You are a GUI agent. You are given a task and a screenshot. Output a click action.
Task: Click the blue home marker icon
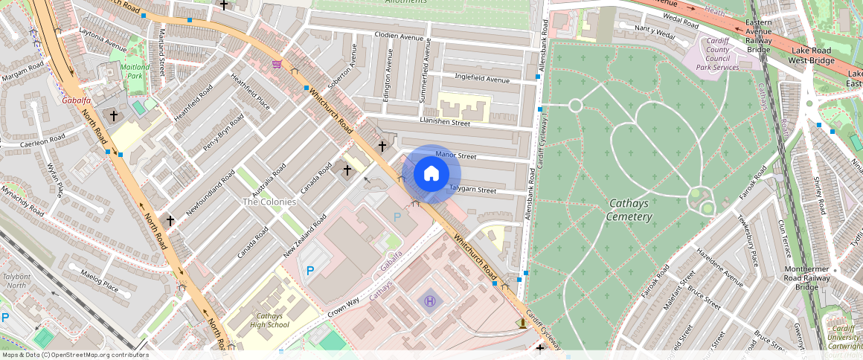click(x=431, y=174)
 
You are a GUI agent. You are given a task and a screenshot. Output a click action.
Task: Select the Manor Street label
click(x=455, y=155)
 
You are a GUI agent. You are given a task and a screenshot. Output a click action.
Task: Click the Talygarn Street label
click(x=472, y=190)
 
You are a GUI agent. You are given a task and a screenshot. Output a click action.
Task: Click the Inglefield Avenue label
click(x=481, y=80)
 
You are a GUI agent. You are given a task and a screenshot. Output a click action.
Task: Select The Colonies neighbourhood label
click(x=269, y=202)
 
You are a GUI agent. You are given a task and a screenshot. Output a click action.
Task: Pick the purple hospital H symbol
click(x=430, y=301)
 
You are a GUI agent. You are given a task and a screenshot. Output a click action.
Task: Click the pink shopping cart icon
click(x=277, y=64)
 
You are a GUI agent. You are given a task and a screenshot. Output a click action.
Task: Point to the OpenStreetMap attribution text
click(x=74, y=355)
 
